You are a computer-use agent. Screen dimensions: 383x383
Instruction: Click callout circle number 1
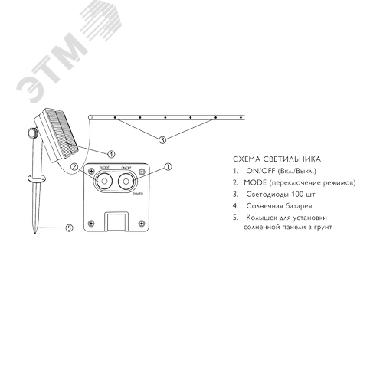(x=168, y=165)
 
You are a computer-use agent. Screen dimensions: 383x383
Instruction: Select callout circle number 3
(x=162, y=140)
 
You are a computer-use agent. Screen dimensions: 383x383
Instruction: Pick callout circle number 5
(x=69, y=228)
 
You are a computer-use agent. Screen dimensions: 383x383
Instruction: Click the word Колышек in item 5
(x=261, y=219)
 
